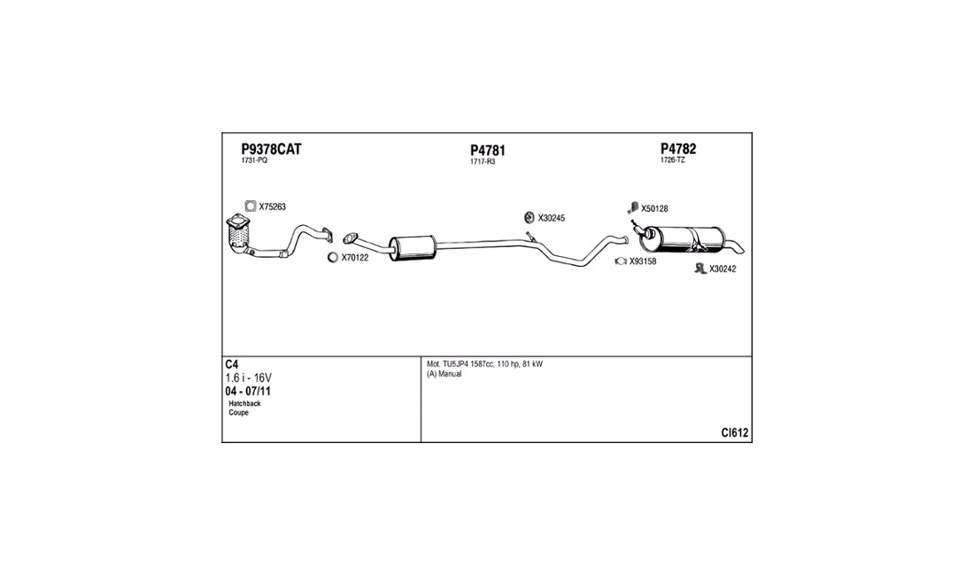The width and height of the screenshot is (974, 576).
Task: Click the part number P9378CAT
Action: point(271,149)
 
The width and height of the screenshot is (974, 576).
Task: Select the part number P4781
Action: point(487,151)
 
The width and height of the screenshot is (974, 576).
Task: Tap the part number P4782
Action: point(684,149)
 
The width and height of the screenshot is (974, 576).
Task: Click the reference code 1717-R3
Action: point(483,161)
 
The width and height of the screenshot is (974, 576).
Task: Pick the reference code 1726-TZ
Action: point(673,160)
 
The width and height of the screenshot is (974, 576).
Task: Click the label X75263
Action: point(273,206)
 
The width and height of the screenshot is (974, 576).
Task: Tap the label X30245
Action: point(551,217)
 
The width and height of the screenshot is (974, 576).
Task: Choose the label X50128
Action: point(654,209)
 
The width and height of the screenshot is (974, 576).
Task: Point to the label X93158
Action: point(643,261)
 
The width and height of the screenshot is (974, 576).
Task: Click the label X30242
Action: point(723,269)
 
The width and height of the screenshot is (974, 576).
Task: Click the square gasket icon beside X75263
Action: point(250,206)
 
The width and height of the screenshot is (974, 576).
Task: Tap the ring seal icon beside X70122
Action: point(333,258)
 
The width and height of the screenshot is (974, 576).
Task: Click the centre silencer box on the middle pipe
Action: point(412,247)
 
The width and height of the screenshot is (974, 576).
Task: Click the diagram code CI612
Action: point(735,433)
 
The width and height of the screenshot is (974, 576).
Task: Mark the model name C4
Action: point(232,365)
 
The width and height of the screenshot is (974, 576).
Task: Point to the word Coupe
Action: point(239,413)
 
